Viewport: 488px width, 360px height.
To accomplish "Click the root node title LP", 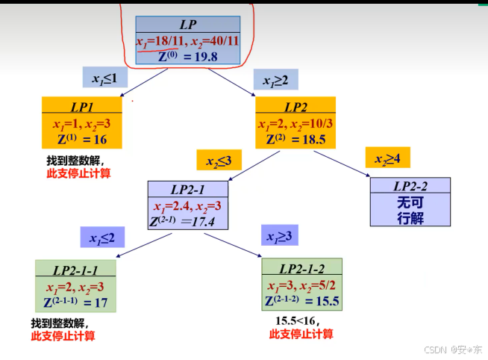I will point(187,24).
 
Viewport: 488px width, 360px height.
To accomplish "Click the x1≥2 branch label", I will point(276,79).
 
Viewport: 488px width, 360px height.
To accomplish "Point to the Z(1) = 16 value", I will point(81,139).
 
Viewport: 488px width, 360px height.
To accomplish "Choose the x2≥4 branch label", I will point(387,158).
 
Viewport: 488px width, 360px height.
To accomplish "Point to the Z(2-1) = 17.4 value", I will point(187,221).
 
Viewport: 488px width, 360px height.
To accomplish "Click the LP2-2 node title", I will point(411,185).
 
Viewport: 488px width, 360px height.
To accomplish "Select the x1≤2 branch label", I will point(102,238).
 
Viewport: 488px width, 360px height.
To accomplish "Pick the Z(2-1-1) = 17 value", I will point(75,302).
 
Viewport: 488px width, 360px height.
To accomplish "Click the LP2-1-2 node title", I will point(302,267).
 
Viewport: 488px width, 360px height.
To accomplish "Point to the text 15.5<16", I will point(297,320).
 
